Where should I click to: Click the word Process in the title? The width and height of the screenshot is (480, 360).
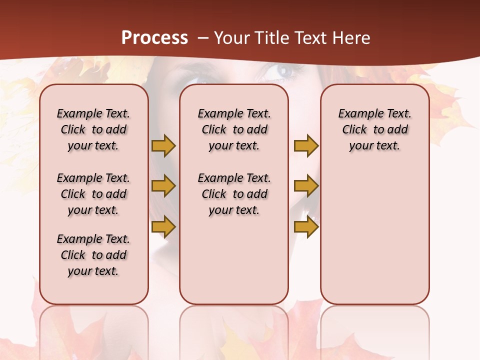[x=154, y=38]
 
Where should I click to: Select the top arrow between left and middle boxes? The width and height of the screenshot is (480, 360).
[x=163, y=145]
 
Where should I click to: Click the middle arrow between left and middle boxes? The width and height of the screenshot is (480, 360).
[x=163, y=186]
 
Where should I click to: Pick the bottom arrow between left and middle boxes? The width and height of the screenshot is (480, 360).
[x=163, y=227]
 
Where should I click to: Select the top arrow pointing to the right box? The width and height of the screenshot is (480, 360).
[x=306, y=145]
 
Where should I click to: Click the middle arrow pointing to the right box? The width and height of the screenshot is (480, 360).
[x=306, y=186]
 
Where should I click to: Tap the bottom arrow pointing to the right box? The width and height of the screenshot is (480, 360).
[x=306, y=227]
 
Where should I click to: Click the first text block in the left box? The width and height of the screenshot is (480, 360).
[x=93, y=129]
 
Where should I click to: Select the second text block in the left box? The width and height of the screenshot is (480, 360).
[x=93, y=194]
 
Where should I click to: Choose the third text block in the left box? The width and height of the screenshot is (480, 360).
[x=93, y=255]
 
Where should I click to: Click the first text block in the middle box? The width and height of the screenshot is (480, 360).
[x=234, y=129]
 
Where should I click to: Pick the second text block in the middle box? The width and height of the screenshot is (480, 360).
[x=234, y=194]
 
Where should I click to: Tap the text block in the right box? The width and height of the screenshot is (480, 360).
[x=375, y=129]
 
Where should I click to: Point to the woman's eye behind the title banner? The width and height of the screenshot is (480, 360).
[x=283, y=71]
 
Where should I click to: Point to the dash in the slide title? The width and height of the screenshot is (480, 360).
[x=203, y=38]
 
